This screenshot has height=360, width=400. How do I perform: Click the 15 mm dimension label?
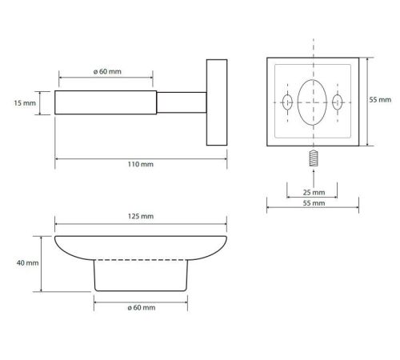(x=25, y=103)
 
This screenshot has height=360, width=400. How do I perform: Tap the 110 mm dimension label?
(x=141, y=164)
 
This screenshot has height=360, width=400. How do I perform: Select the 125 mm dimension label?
(x=141, y=216)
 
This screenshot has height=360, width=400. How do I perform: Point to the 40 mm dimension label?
(x=27, y=262)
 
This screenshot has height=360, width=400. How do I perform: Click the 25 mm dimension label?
(x=314, y=192)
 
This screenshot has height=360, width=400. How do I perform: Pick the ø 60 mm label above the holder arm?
(x=107, y=71)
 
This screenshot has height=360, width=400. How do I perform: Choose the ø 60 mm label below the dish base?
(x=142, y=307)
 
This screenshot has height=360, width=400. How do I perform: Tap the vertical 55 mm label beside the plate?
(x=380, y=100)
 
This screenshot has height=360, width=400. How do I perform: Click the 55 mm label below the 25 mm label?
(x=314, y=203)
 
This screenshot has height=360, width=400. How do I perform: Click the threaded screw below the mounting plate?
(x=314, y=158)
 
